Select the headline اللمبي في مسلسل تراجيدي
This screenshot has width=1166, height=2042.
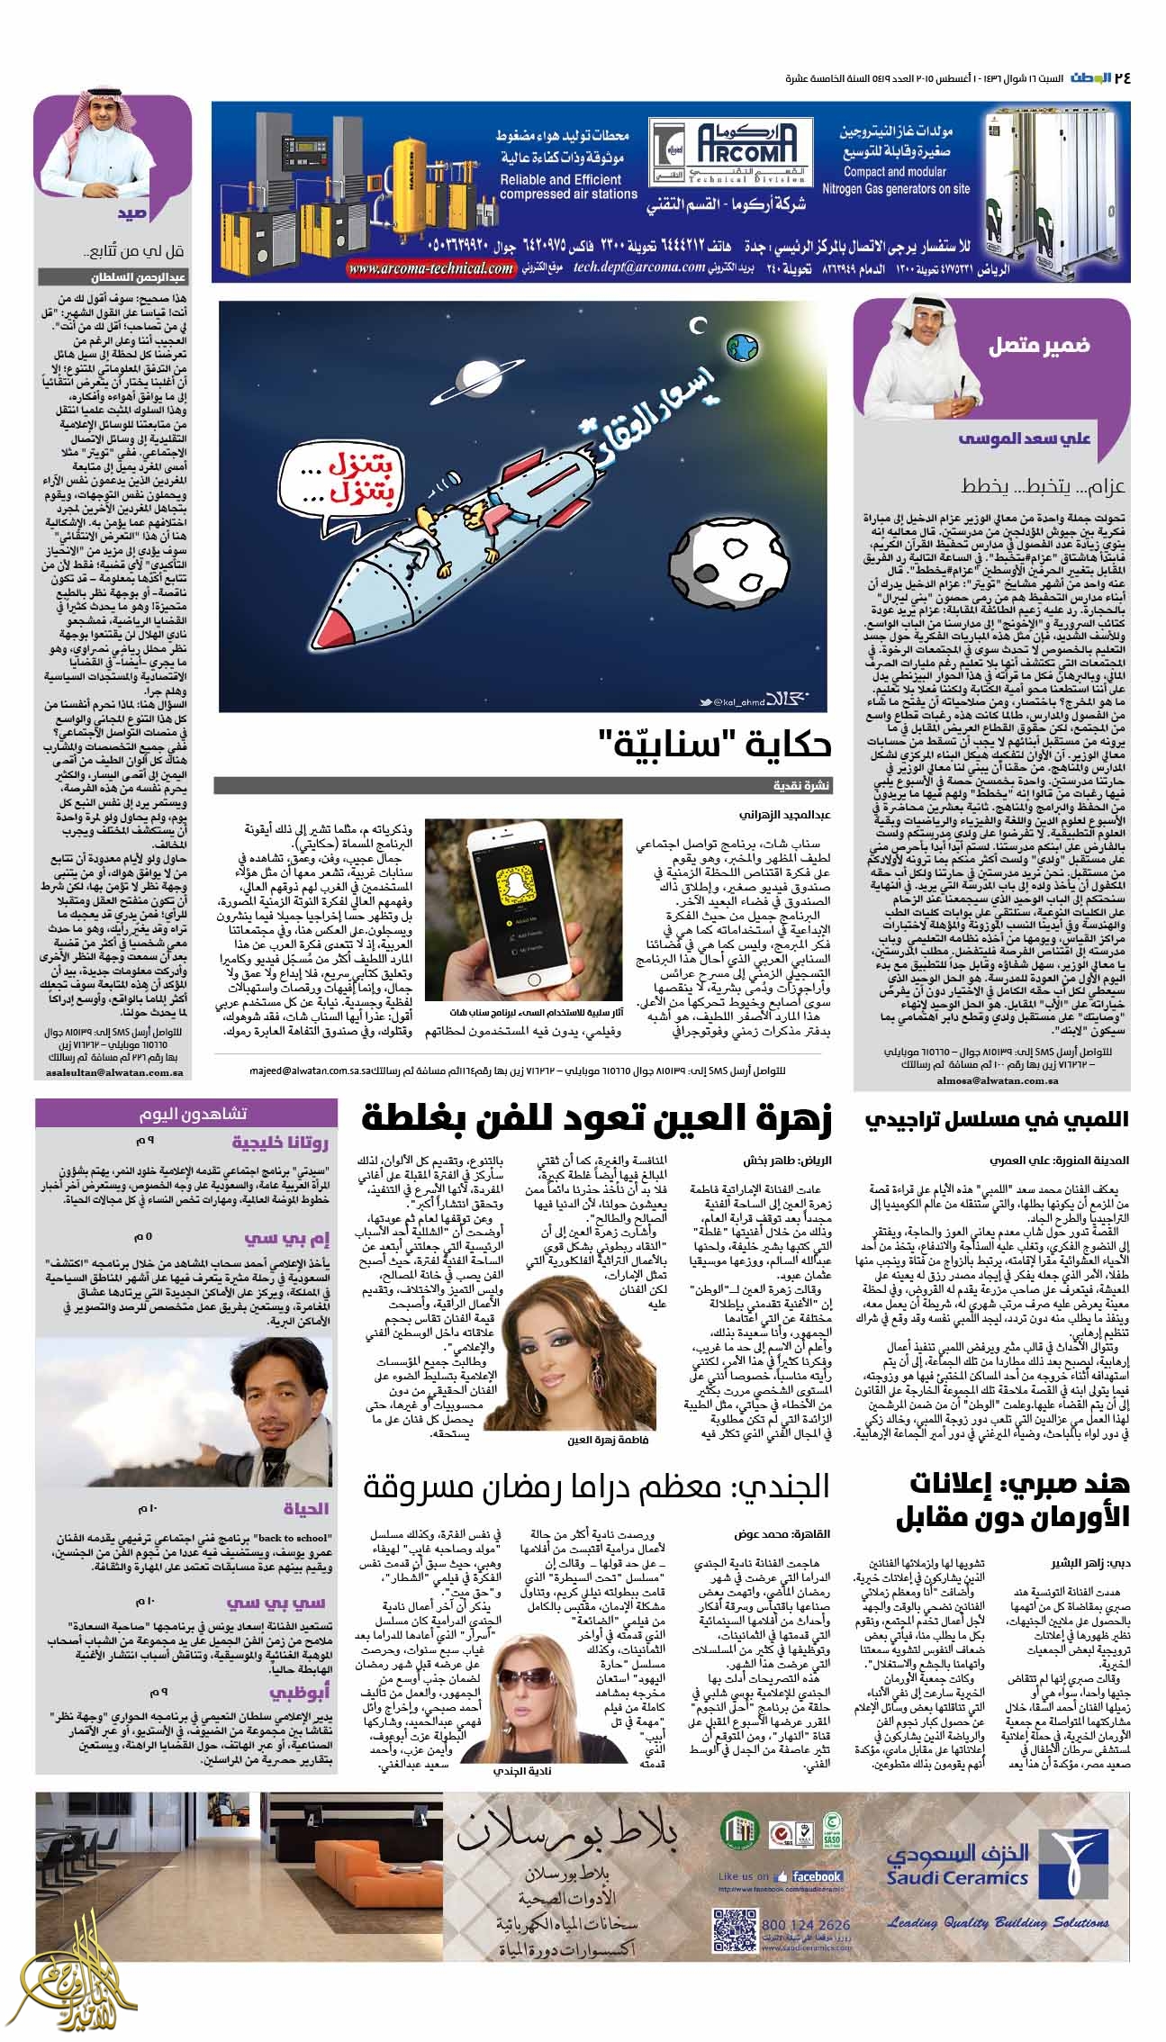tap(996, 1121)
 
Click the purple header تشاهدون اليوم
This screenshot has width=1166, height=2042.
tap(188, 1114)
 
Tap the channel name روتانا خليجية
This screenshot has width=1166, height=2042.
tap(281, 1144)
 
